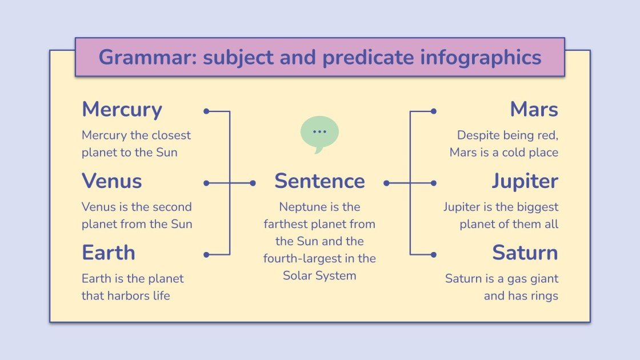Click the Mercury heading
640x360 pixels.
click(x=122, y=110)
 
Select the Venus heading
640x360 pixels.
click(x=112, y=181)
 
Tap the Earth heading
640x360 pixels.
click(x=109, y=253)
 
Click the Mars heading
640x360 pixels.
click(x=534, y=110)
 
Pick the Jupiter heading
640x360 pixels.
click(x=525, y=181)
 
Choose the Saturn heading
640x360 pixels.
click(x=525, y=253)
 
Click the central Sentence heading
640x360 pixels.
click(x=319, y=181)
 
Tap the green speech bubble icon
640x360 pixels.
click(x=319, y=133)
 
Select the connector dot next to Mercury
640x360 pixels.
click(x=206, y=111)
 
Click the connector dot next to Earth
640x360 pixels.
click(x=206, y=255)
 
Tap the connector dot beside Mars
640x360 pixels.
click(x=434, y=111)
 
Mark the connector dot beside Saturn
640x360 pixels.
click(x=434, y=255)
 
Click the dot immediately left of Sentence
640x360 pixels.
click(x=253, y=183)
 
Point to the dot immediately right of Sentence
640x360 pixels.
click(x=387, y=183)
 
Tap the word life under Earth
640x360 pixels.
click(x=160, y=296)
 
